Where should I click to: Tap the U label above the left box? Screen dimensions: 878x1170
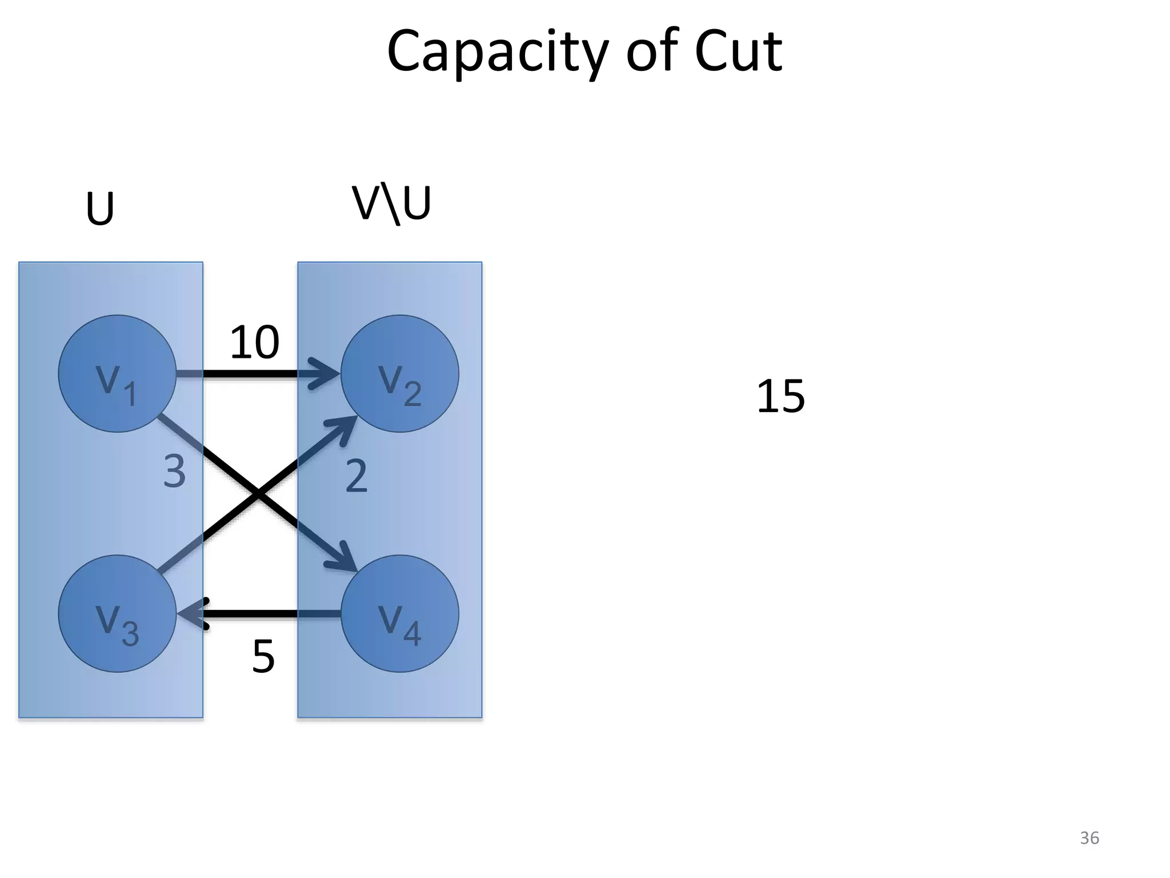[100, 209]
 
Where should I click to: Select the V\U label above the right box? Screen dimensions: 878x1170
[391, 204]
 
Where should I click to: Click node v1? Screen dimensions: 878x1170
[117, 374]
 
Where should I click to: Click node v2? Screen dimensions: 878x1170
[400, 374]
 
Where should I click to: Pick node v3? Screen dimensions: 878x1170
[117, 613]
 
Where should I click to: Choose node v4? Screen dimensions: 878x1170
[400, 613]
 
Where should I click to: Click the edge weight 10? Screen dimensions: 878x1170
[254, 342]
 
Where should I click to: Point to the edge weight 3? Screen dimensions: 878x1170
[175, 472]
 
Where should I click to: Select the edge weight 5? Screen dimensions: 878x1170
[263, 657]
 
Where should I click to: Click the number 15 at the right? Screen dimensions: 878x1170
[780, 396]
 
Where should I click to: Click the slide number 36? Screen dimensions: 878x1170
[1089, 838]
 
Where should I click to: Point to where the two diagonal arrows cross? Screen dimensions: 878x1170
[258, 494]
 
